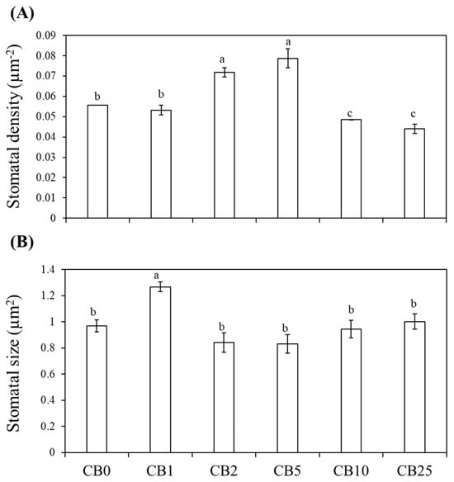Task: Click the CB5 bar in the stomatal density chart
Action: point(288,138)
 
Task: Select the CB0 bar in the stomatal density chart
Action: point(97,162)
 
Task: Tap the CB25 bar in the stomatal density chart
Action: point(414,173)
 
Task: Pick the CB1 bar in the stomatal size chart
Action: point(160,370)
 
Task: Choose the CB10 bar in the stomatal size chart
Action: point(351,390)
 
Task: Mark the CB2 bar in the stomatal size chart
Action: point(224,397)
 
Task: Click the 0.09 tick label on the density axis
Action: point(46,35)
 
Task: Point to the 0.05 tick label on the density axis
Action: point(46,117)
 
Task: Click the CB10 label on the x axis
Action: point(351,470)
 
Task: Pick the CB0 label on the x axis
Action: point(97,470)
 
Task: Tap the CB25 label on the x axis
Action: point(414,470)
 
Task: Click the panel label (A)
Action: point(21,14)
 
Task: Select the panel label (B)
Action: point(21,243)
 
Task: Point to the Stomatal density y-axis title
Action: point(14,126)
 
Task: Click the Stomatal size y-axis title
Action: point(14,363)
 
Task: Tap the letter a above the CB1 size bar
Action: point(157,275)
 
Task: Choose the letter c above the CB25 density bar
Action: point(413,115)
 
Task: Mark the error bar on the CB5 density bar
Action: point(288,58)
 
